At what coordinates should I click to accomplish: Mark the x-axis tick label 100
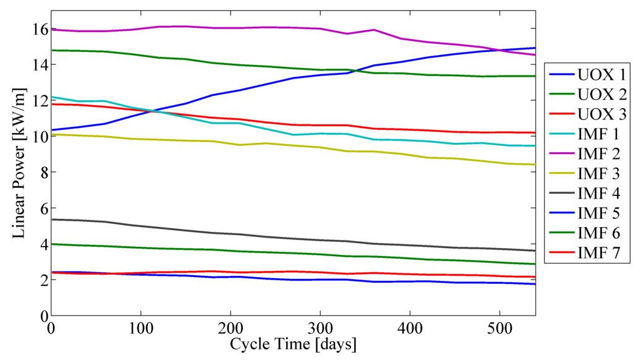pyautogui.click(x=141, y=327)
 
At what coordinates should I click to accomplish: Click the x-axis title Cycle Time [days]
pyautogui.click(x=293, y=343)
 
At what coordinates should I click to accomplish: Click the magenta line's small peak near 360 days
pyautogui.click(x=373, y=30)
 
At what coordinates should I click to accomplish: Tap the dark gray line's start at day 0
pyautogui.click(x=53, y=220)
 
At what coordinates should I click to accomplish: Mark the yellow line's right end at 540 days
pyautogui.click(x=535, y=165)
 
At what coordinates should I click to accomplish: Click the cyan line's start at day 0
pyautogui.click(x=53, y=97)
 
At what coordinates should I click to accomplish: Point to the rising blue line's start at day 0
pyautogui.click(x=53, y=130)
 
